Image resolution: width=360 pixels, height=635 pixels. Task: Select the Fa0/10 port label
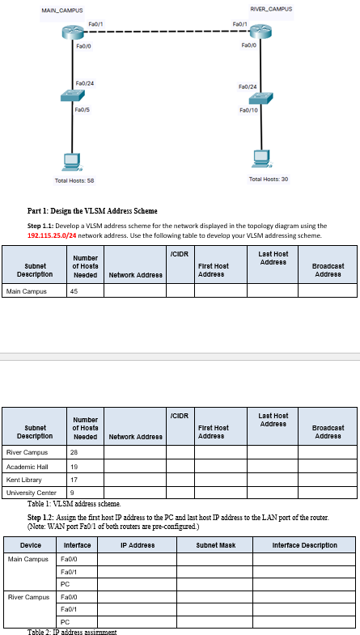click(248, 111)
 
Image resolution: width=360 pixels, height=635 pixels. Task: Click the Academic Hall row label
click(26, 467)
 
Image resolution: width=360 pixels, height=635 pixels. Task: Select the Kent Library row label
click(25, 480)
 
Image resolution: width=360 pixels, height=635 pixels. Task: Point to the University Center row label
click(31, 493)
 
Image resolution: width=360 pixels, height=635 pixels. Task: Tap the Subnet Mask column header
click(214, 545)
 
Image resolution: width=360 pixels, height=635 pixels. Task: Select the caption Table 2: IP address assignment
click(72, 631)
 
